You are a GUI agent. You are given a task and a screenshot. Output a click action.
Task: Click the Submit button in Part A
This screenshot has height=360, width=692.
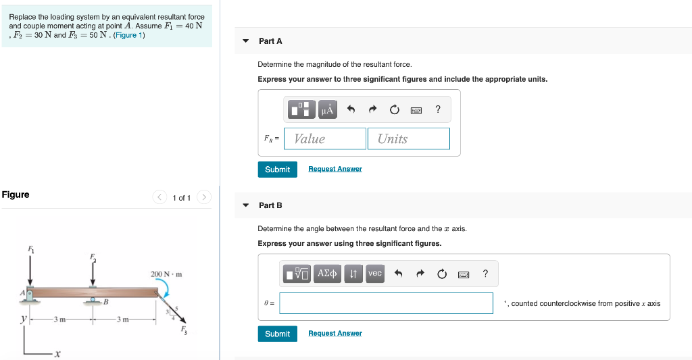pos(277,170)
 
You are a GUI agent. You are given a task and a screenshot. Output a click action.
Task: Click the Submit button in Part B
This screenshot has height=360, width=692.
pos(277,334)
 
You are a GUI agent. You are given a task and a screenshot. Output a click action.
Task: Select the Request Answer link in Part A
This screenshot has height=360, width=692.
pos(335,169)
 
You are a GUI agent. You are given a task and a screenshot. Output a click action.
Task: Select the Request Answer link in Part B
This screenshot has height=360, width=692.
pos(335,334)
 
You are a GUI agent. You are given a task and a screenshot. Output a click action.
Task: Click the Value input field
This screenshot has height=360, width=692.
pos(325,138)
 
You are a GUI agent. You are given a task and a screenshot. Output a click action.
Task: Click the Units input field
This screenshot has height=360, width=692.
pos(409,138)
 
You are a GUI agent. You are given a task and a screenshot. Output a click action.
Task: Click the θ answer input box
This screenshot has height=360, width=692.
pos(386,303)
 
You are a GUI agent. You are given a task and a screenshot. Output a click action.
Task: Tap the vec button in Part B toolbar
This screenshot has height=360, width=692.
pos(375,274)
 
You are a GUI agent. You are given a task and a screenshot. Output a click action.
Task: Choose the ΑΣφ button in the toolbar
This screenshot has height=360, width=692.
pos(327,274)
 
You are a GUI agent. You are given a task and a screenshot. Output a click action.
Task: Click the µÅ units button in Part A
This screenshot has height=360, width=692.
pos(326,109)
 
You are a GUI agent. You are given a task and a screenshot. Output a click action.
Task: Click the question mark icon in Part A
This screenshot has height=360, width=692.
pos(438,109)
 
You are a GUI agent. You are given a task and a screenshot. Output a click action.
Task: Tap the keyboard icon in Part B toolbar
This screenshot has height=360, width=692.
pos(463,274)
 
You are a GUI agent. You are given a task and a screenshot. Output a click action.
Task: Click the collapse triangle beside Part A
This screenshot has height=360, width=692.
pos(245,41)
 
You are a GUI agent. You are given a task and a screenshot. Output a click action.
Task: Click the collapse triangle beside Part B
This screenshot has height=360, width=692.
pos(245,205)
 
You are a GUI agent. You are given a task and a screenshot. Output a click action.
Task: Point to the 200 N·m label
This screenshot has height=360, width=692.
pos(166,274)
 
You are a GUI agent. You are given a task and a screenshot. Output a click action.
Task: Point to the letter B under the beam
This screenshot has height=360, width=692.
pos(105,301)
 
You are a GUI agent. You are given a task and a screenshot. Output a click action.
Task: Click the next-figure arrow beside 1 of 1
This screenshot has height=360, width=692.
pos(205,198)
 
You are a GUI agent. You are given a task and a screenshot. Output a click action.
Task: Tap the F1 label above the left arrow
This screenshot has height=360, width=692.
pos(30,249)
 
